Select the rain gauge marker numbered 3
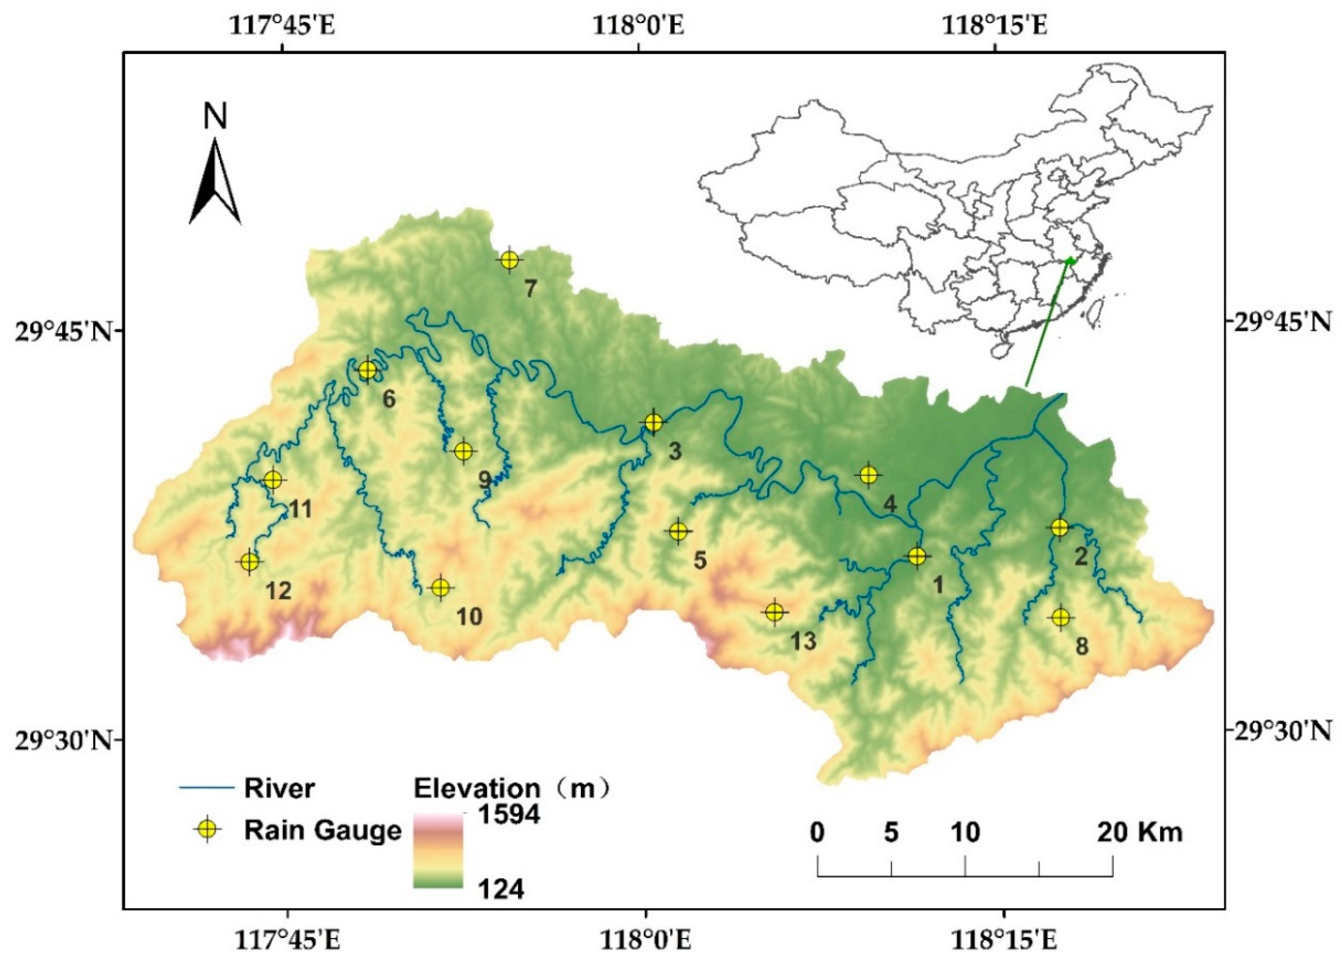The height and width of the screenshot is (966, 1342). coord(653,423)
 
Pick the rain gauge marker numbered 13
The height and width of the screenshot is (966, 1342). coord(775,612)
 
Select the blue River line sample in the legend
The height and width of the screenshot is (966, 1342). coord(205,787)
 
